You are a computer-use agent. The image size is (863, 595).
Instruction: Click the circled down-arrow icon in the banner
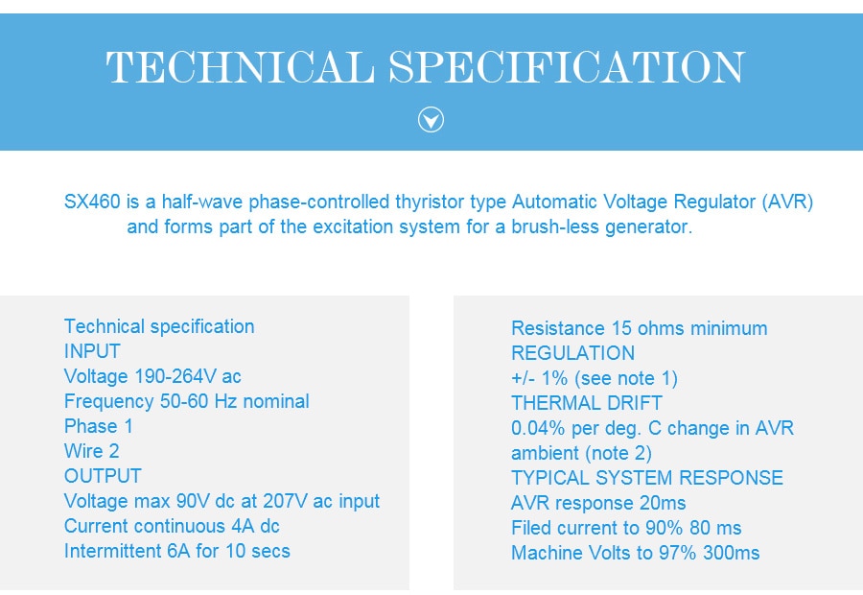(x=431, y=120)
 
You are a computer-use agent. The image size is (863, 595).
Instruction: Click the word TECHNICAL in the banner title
(x=240, y=67)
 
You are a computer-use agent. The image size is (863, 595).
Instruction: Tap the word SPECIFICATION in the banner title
(x=567, y=67)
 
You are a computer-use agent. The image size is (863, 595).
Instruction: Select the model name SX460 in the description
(x=92, y=202)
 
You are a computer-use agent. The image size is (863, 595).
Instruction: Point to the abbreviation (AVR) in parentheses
(x=787, y=202)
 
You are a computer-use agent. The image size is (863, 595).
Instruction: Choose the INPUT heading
(x=92, y=351)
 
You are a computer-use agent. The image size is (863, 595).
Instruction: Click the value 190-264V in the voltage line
(x=175, y=376)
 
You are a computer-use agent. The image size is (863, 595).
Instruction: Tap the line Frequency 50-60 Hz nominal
(x=187, y=401)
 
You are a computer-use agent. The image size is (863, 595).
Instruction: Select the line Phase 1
(x=99, y=426)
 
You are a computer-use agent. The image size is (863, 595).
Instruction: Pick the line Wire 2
(x=91, y=451)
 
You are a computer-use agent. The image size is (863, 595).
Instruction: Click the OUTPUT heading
(x=103, y=476)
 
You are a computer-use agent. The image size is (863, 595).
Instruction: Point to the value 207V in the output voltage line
(x=285, y=501)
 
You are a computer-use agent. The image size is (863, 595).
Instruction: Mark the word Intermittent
(x=113, y=551)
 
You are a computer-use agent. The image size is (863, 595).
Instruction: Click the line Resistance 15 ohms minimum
(x=639, y=328)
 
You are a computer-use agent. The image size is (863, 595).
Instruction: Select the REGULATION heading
(x=573, y=353)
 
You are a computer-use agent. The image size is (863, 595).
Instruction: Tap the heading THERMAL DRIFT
(x=587, y=403)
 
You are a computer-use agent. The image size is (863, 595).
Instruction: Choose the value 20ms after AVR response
(x=663, y=503)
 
